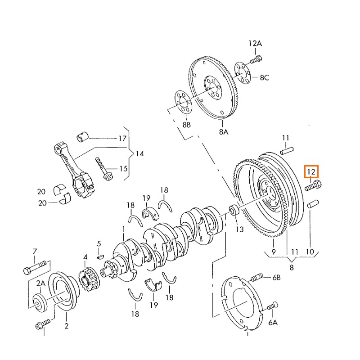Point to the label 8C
point(264,78)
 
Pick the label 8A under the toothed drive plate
point(224,132)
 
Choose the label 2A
point(41,283)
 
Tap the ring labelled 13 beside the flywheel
point(234,211)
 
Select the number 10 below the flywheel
point(310,252)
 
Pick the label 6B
point(276,278)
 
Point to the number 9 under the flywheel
point(273,252)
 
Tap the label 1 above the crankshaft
point(123,230)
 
